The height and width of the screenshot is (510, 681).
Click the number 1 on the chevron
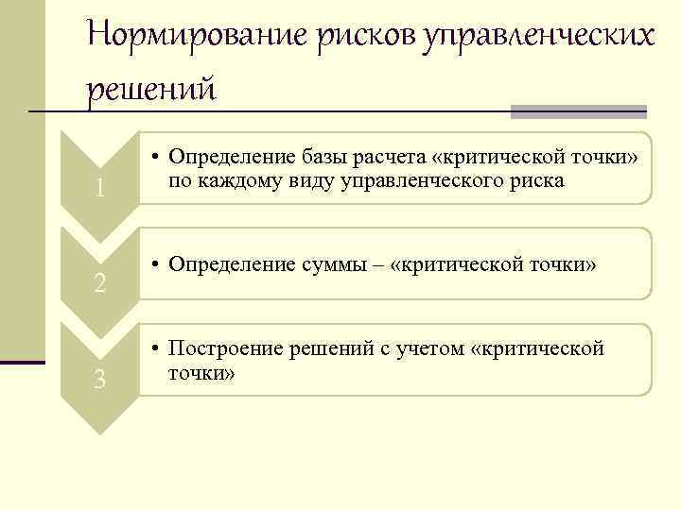tap(99, 189)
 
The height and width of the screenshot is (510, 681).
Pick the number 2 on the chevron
tap(99, 282)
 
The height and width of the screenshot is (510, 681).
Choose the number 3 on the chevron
tap(99, 380)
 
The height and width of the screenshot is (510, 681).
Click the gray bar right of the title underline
tap(578, 111)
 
